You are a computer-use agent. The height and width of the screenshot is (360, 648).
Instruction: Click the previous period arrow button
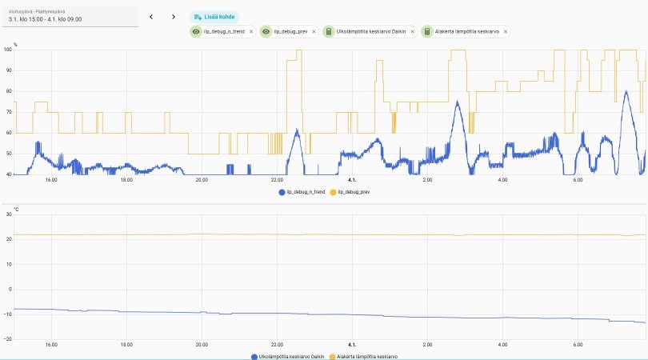tap(151, 16)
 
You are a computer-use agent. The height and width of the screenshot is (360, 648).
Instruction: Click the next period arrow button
tap(174, 16)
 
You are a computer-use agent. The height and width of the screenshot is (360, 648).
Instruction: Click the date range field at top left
tap(70, 15)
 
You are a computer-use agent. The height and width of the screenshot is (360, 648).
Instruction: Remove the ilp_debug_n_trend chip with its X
tap(251, 31)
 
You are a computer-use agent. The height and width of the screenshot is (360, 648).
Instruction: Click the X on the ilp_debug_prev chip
tap(314, 31)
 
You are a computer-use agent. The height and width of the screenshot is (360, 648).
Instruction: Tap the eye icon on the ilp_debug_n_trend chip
tap(197, 31)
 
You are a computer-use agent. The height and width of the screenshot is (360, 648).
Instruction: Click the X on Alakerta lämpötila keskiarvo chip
tap(506, 31)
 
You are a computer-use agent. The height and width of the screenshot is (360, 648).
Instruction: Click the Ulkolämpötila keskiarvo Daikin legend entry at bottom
tap(289, 356)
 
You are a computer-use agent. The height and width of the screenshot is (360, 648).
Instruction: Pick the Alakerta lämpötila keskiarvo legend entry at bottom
tap(366, 356)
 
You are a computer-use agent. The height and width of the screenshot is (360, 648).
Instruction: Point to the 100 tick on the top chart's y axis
tap(8, 50)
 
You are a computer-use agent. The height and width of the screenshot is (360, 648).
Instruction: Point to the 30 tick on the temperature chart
tap(8, 214)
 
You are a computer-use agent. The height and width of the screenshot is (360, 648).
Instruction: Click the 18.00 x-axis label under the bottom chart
tap(126, 345)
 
